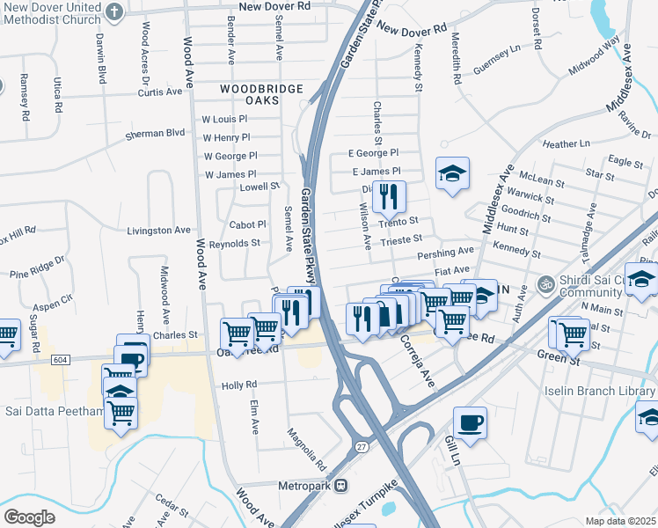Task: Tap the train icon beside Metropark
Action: pyautogui.click(x=341, y=486)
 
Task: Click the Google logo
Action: pyautogui.click(x=29, y=517)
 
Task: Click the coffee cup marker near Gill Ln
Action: pyautogui.click(x=470, y=422)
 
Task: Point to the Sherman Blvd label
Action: pyautogui.click(x=156, y=133)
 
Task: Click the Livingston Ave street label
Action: pyautogui.click(x=158, y=231)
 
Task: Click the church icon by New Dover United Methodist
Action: pyautogui.click(x=113, y=11)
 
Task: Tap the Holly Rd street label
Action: pyautogui.click(x=238, y=385)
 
